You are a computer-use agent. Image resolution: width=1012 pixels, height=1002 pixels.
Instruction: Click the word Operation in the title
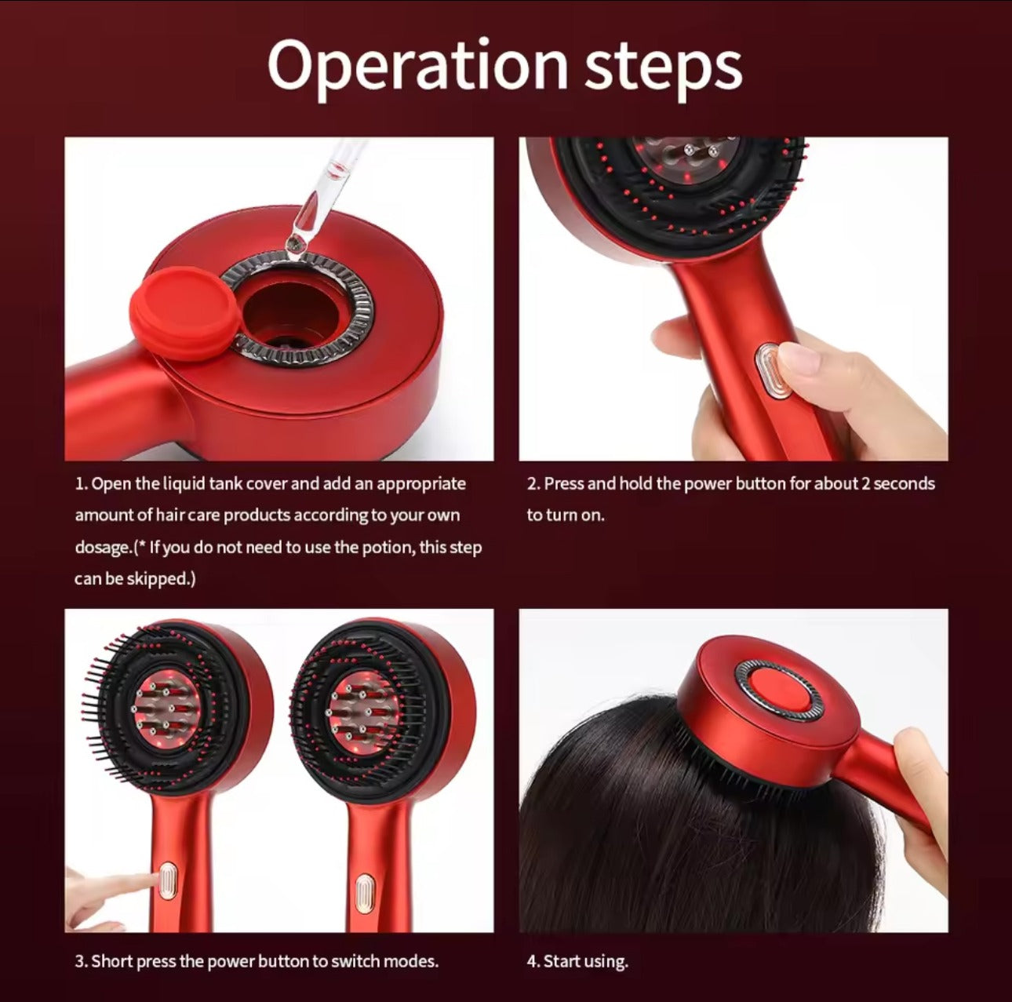417,67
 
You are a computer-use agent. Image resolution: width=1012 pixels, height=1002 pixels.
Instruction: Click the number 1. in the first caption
82,484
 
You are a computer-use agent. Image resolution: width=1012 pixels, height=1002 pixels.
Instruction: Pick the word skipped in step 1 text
165,579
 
